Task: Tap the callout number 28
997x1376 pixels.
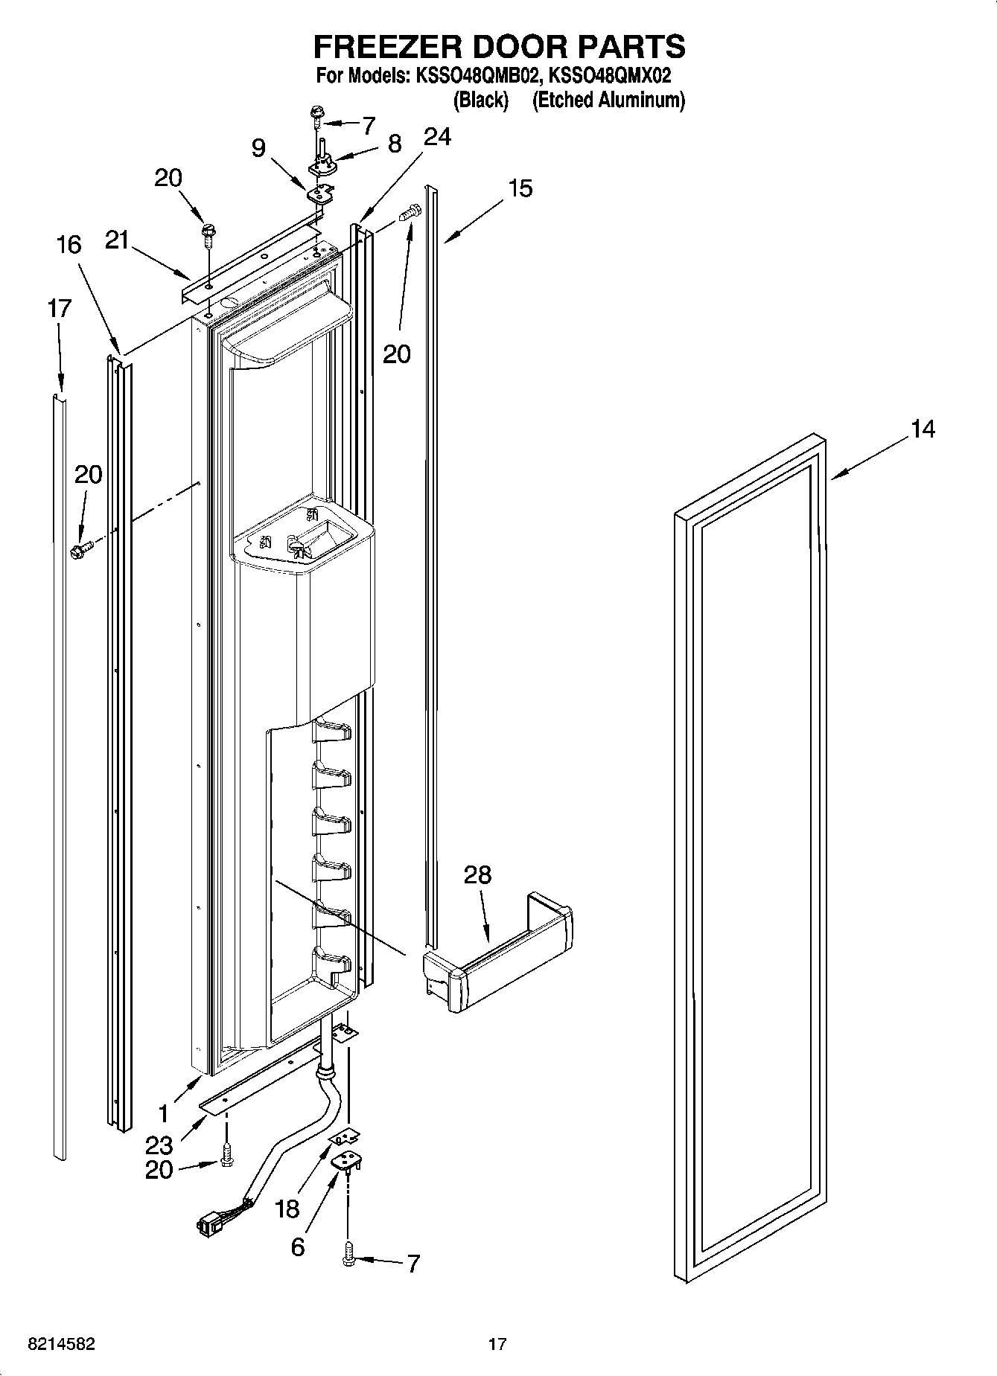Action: click(477, 874)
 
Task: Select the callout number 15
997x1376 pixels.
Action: click(520, 188)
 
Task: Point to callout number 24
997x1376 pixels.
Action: click(437, 137)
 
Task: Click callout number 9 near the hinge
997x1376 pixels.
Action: click(258, 148)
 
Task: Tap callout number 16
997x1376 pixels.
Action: click(69, 244)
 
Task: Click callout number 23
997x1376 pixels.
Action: click(159, 1145)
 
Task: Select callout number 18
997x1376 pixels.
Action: click(287, 1209)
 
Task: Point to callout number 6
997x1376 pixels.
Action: click(297, 1247)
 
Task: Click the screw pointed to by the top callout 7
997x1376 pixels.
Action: click(318, 114)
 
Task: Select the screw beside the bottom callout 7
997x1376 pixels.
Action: click(348, 1257)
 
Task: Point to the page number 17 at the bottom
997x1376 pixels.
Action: click(497, 1344)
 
